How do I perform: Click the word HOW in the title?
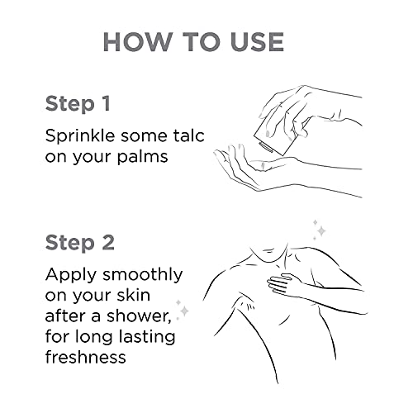[x=137, y=42]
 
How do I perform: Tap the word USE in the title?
[x=257, y=42]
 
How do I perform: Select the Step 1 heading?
[x=78, y=104]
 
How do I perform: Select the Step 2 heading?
[x=79, y=243]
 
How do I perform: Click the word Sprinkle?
[x=80, y=136]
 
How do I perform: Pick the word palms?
[x=142, y=158]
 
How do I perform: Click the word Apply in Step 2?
[x=71, y=276]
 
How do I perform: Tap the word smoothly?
[x=143, y=276]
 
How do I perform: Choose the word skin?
[x=134, y=295]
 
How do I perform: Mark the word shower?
[x=139, y=316]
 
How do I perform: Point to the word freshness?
[x=85, y=357]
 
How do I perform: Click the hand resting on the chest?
[x=285, y=284]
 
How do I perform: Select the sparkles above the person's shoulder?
[x=320, y=230]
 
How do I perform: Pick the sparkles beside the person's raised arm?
[x=183, y=310]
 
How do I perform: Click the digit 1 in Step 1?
[x=105, y=103]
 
